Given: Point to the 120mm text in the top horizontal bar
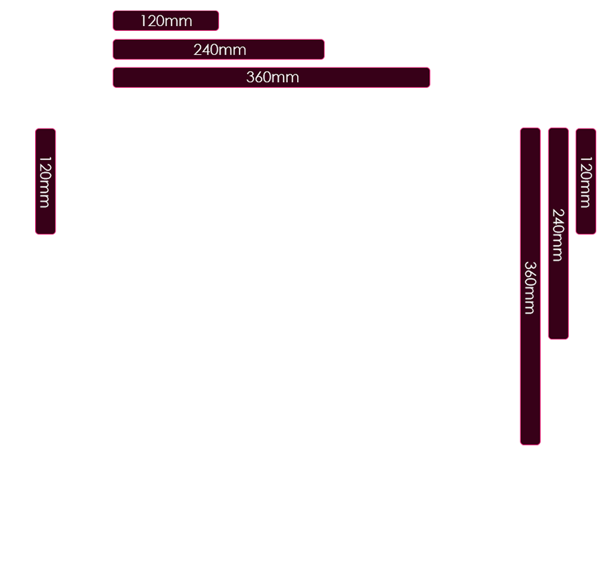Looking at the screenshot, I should tap(166, 21).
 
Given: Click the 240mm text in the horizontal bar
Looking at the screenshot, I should tap(219, 50).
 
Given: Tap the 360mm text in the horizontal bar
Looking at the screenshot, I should tap(273, 78).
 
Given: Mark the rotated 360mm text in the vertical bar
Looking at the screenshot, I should tap(530, 287).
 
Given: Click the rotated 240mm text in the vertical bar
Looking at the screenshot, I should tap(558, 235).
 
